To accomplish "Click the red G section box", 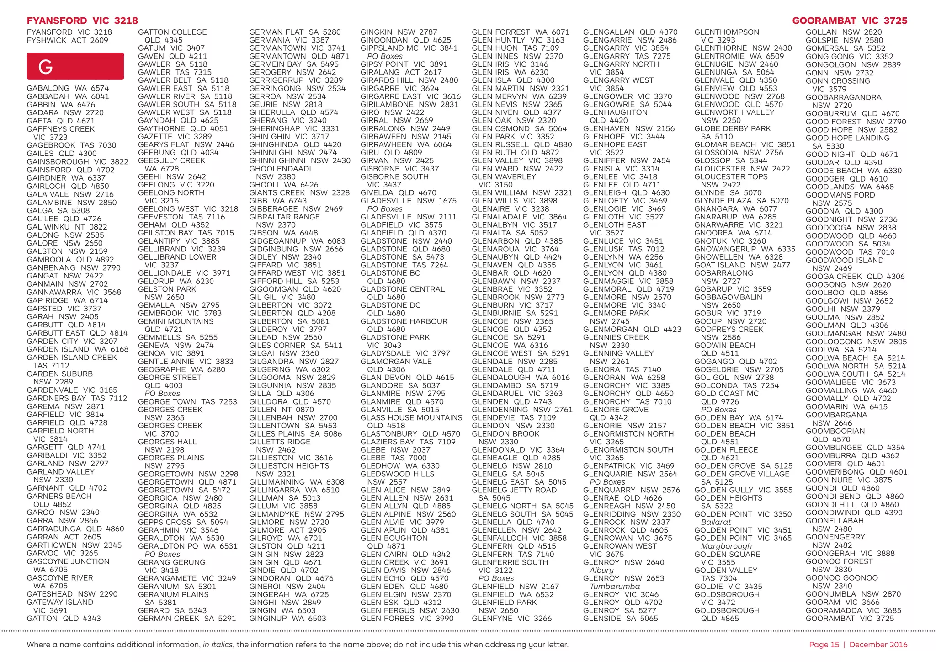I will pos(75,66).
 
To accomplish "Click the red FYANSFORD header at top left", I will pos(82,21).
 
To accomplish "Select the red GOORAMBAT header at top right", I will pos(850,21).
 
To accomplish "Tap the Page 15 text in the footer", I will pos(824,645).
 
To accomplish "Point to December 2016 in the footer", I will pos(878,645).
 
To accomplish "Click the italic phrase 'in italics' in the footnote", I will pos(218,645).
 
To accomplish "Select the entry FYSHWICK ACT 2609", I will pos(68,40).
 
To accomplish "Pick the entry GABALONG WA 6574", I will pos(68,88).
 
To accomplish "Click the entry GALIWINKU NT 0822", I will pos(67,227).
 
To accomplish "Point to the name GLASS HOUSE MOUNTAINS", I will pos(411,417).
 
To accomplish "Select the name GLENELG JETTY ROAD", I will pos(514,490).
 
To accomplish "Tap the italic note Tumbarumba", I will pos(615,586).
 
